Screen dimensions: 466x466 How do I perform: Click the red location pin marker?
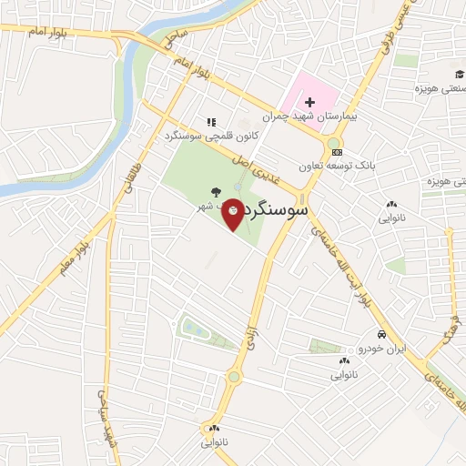(234, 213)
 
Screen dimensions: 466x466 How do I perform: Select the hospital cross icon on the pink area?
(309, 101)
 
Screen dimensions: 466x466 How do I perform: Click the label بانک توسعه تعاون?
(337, 167)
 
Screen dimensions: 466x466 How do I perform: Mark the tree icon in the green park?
(215, 191)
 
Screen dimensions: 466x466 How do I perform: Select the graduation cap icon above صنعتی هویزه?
(460, 74)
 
